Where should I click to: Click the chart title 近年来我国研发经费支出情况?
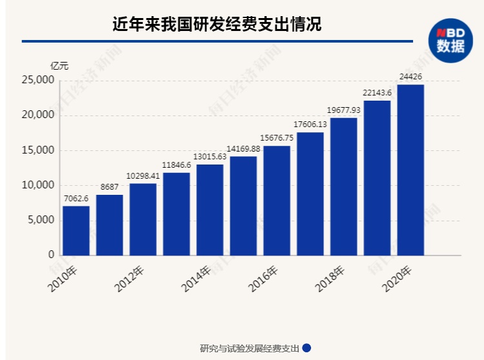click(217, 25)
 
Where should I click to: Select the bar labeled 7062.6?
click(76, 230)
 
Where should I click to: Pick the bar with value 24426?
click(410, 170)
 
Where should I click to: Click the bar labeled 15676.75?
click(277, 200)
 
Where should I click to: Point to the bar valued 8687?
click(110, 225)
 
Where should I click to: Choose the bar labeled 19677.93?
click(344, 186)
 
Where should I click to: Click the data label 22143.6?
click(377, 94)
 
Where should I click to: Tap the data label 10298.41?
click(143, 176)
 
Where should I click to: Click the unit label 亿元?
click(59, 65)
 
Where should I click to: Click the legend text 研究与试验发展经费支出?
click(250, 348)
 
